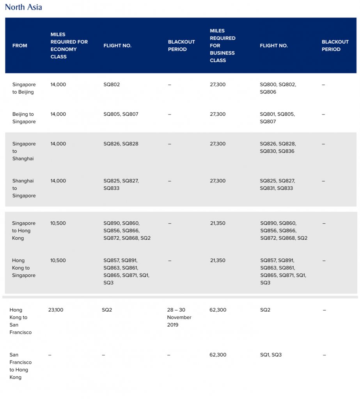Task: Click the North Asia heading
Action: point(23,7)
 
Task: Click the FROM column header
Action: point(20,46)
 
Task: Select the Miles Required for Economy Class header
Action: point(69,46)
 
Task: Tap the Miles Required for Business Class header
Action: point(223,46)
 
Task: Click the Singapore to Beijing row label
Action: point(24,88)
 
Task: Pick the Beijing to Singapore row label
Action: point(24,118)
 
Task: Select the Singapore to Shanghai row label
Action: point(24,151)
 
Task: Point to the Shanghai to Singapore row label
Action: point(24,188)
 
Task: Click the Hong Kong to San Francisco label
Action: point(21,321)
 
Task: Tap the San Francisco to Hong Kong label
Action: point(21,366)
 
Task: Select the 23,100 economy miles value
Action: point(55,310)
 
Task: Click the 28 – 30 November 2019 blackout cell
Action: point(179,317)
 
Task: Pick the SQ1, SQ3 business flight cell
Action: point(271,355)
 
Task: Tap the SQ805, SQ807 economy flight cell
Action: point(121,114)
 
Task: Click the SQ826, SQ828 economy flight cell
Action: point(121,144)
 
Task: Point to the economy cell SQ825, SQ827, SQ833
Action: point(121,185)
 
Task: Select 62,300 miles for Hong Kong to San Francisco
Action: point(218,310)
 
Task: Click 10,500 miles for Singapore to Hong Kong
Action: point(58,223)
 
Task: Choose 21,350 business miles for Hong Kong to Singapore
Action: point(218,260)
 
